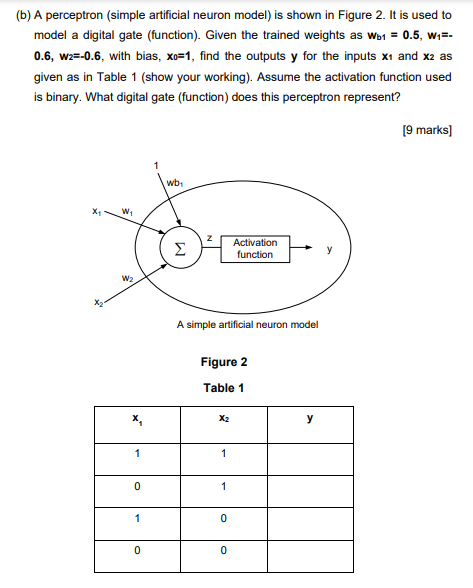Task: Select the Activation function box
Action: (x=255, y=248)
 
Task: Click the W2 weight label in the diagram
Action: (x=127, y=278)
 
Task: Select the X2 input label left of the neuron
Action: (x=97, y=303)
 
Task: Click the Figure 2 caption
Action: (x=224, y=362)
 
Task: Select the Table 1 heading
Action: (x=224, y=388)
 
